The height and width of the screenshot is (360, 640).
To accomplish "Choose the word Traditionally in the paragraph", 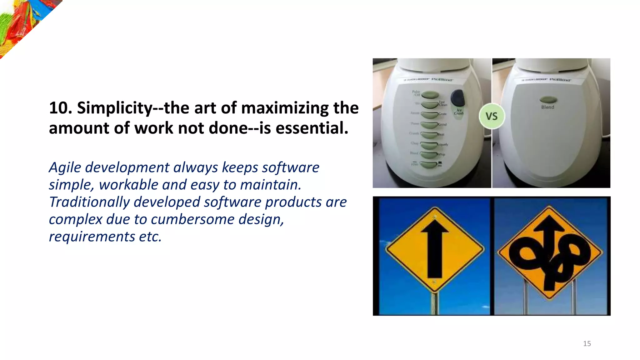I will [x=89, y=202].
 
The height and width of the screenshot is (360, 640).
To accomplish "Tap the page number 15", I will [x=587, y=344].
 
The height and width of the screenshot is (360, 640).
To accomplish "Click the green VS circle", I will [x=492, y=116].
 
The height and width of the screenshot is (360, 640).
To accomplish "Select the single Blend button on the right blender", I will [x=548, y=100].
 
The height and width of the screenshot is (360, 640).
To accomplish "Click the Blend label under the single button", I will [x=548, y=107].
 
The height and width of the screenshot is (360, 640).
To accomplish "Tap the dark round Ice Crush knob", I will [x=458, y=97].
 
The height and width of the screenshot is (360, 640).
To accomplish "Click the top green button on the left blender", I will [x=430, y=94].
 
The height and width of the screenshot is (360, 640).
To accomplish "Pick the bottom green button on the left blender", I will [x=429, y=164].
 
